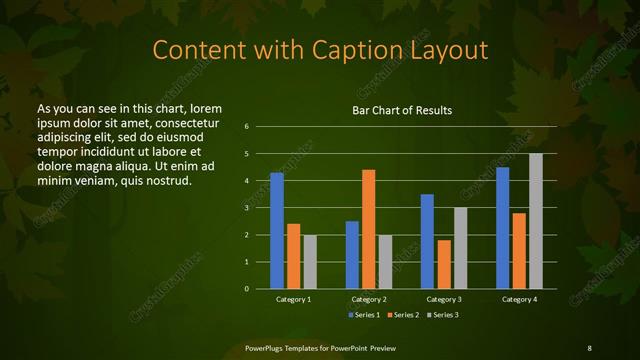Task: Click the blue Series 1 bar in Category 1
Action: click(277, 231)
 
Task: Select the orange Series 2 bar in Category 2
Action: click(369, 229)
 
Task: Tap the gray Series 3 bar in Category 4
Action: click(536, 221)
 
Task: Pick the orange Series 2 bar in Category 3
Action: click(444, 264)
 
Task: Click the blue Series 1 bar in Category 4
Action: click(503, 228)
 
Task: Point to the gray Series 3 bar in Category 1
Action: click(310, 262)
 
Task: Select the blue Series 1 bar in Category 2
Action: click(352, 255)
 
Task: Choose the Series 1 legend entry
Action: click(364, 314)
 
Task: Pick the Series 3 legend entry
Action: click(443, 314)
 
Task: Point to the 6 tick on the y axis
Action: click(246, 127)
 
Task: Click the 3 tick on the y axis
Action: click(246, 208)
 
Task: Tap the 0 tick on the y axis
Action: click(246, 289)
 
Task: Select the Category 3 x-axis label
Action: click(444, 299)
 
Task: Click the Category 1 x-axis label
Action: click(294, 299)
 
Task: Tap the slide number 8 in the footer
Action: click(589, 347)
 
